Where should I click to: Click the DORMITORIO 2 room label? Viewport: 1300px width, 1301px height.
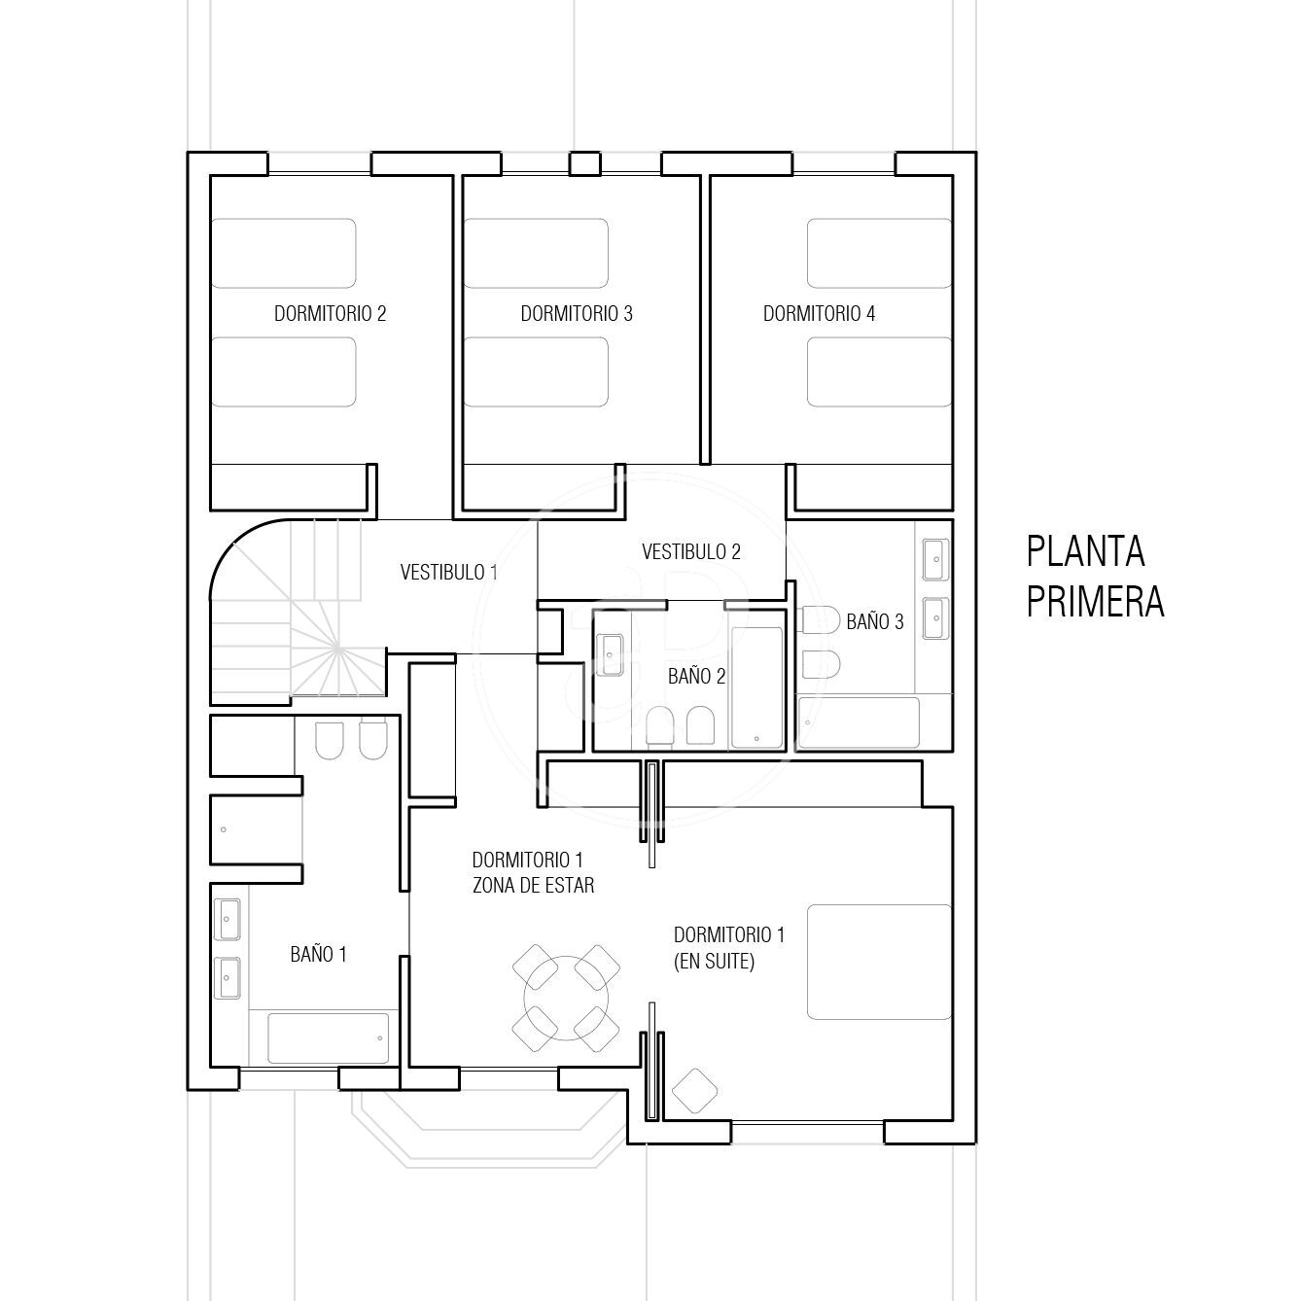[x=330, y=314]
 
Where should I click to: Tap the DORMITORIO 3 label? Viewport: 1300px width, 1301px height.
[x=576, y=314]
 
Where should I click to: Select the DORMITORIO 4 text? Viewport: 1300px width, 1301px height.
[x=819, y=314]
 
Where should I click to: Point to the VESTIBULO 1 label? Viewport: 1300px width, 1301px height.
[x=448, y=573]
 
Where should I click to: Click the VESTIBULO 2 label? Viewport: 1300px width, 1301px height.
[x=691, y=552]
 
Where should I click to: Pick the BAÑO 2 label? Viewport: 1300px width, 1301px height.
[x=696, y=676]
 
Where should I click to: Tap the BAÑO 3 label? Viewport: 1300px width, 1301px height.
[x=874, y=621]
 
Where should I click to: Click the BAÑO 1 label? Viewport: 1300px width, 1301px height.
[x=318, y=954]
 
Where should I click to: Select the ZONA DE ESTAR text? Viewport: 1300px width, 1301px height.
[x=533, y=885]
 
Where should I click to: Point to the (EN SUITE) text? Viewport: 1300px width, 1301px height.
[x=714, y=962]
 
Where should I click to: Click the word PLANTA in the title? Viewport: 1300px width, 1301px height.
[x=1085, y=551]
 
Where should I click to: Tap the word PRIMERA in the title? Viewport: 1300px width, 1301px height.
[x=1095, y=602]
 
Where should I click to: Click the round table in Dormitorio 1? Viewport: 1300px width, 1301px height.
[x=566, y=998]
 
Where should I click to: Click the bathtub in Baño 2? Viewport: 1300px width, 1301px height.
[x=757, y=687]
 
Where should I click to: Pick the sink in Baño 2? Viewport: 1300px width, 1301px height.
[x=611, y=655]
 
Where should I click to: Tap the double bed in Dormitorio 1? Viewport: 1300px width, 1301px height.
[x=879, y=962]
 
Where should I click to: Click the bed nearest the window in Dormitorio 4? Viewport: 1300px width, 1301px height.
[x=879, y=253]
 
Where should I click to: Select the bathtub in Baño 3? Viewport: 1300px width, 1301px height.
[x=858, y=722]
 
